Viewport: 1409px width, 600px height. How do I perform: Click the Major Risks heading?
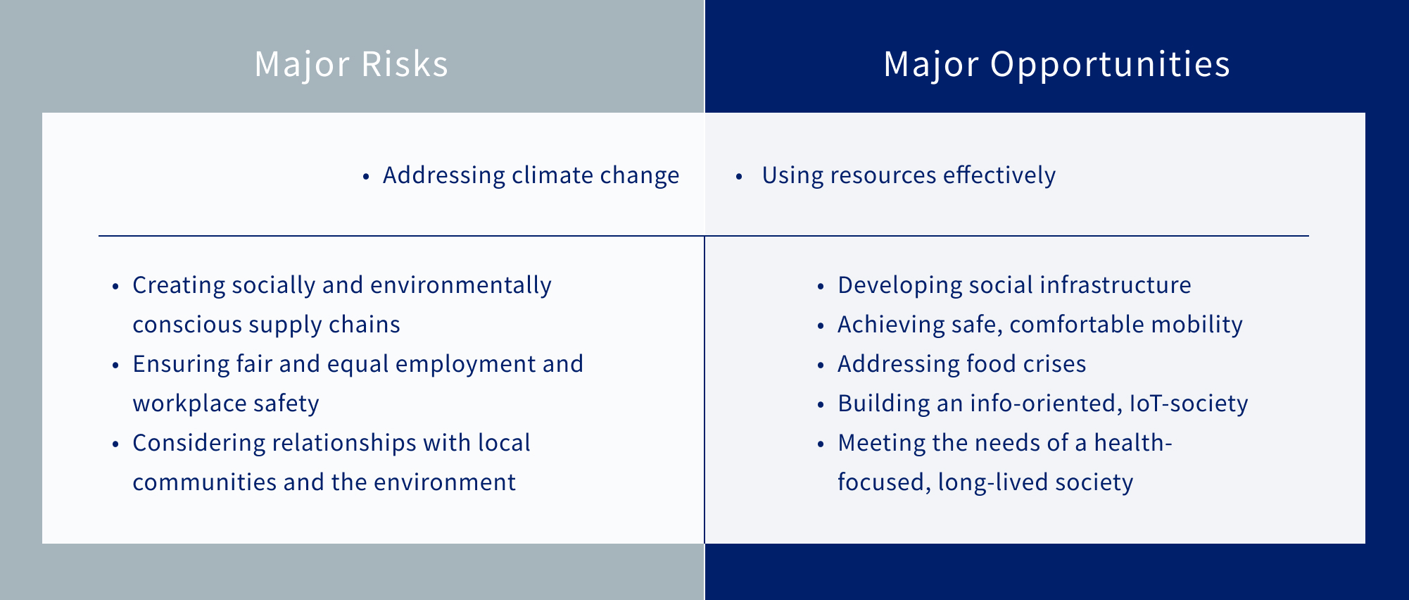[351, 64]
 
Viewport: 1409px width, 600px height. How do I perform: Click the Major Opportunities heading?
[1056, 65]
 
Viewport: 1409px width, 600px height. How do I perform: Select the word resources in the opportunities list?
[883, 175]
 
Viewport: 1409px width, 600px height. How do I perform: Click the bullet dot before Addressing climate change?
[365, 177]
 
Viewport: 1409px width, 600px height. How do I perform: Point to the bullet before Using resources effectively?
[739, 177]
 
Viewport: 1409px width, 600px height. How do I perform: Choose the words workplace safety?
[226, 404]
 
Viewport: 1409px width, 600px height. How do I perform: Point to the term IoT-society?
[1188, 404]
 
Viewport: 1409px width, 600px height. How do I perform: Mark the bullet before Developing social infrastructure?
[820, 287]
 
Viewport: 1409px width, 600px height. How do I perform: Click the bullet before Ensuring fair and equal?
[115, 365]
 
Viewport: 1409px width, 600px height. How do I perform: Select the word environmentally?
[460, 285]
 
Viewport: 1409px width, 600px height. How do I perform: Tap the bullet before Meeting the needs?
[820, 444]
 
